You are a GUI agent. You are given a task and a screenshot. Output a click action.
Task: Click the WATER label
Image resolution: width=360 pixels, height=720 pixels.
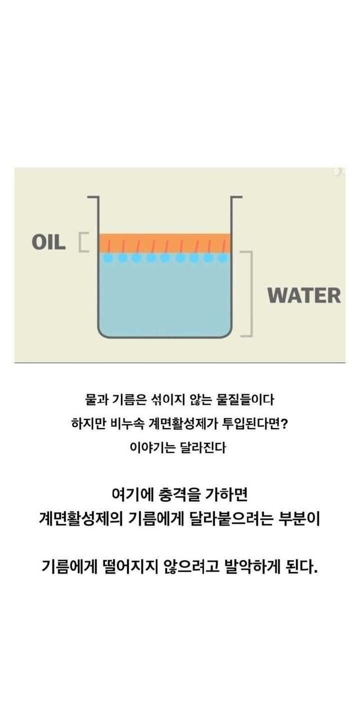[304, 295]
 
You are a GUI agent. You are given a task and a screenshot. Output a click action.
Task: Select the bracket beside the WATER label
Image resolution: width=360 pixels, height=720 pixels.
[248, 294]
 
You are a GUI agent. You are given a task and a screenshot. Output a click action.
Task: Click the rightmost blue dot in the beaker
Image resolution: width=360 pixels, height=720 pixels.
[223, 258]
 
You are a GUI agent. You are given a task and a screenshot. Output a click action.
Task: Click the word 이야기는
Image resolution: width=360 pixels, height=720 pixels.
[148, 448]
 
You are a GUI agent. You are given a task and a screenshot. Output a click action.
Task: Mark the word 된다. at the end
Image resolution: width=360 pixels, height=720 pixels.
[304, 565]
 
